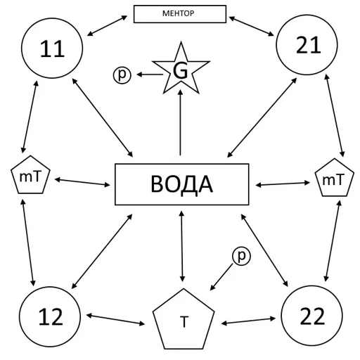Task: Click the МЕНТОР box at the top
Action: click(180, 14)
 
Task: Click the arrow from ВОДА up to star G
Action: click(180, 122)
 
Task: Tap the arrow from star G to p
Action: click(150, 75)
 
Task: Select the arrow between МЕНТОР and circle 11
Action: click(107, 26)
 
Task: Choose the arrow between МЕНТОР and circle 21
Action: click(252, 26)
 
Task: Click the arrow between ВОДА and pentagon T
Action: click(182, 246)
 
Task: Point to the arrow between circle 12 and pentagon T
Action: click(116, 320)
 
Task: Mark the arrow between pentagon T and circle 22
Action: click(248, 321)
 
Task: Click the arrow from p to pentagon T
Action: click(221, 277)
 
